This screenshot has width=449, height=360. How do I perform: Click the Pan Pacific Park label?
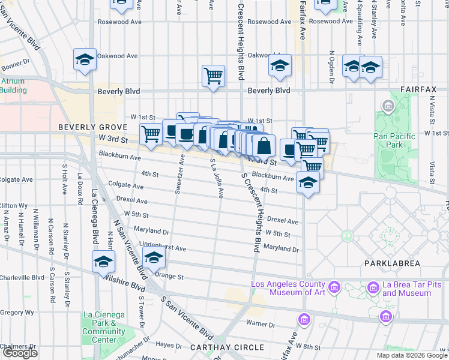[x=394, y=140]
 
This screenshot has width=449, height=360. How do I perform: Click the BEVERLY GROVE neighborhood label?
[x=92, y=128]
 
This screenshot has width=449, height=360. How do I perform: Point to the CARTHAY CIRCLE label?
[x=227, y=347]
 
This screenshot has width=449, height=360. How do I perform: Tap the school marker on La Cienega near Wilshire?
[x=103, y=262]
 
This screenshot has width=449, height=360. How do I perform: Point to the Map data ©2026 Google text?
[x=412, y=355]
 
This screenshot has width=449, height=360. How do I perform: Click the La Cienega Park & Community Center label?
[x=104, y=327]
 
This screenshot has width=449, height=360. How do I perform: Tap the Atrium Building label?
[x=13, y=86]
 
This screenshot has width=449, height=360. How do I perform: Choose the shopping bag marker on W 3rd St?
[x=264, y=146]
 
